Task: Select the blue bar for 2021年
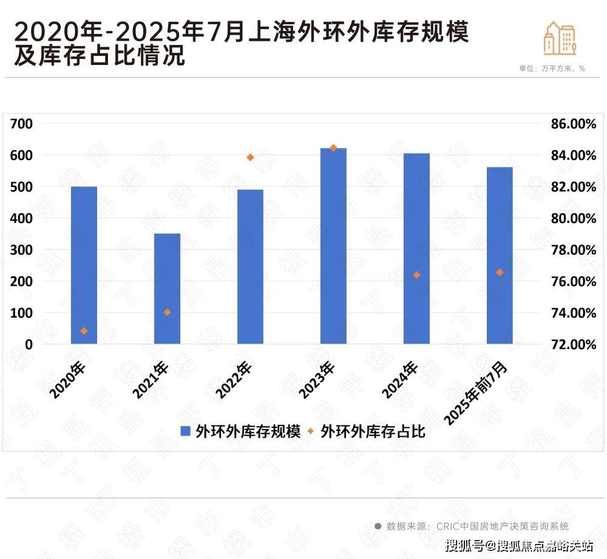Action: (167, 288)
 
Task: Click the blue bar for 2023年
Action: (333, 246)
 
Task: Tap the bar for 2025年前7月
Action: (500, 255)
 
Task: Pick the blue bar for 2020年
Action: (84, 265)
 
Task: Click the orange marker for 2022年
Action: (250, 157)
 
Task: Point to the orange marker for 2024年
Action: (416, 275)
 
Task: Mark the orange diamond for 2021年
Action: (167, 312)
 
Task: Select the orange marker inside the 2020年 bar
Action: (84, 331)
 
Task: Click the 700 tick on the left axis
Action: (22, 124)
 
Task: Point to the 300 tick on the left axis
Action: (22, 250)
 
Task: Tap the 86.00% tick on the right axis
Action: (573, 124)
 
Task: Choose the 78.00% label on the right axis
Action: (573, 250)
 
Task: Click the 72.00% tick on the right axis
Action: (573, 344)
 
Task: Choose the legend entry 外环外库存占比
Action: (367, 432)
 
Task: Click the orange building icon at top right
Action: (559, 38)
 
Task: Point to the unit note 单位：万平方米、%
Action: (552, 69)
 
